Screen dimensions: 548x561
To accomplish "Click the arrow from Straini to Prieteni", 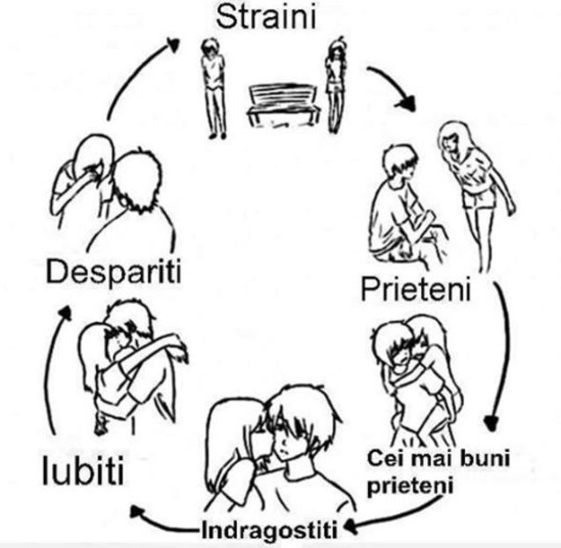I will (x=392, y=88).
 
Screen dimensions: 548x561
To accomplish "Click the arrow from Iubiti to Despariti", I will (x=55, y=370).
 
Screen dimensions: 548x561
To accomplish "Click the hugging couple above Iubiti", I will (x=132, y=361).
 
